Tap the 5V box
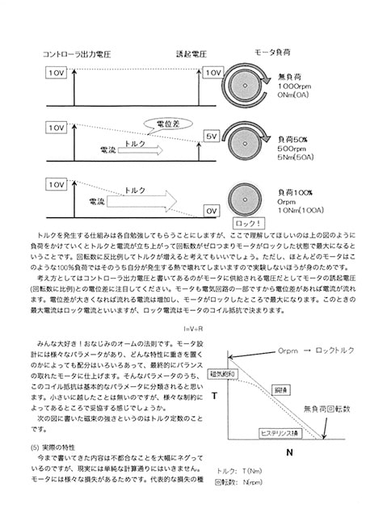coord(212,137)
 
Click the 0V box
coord(212,210)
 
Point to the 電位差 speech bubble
coord(168,123)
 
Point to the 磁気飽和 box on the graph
coord(221,375)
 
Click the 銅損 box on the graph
coord(279,389)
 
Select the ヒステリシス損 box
coord(280,434)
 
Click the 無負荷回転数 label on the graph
coord(327,409)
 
